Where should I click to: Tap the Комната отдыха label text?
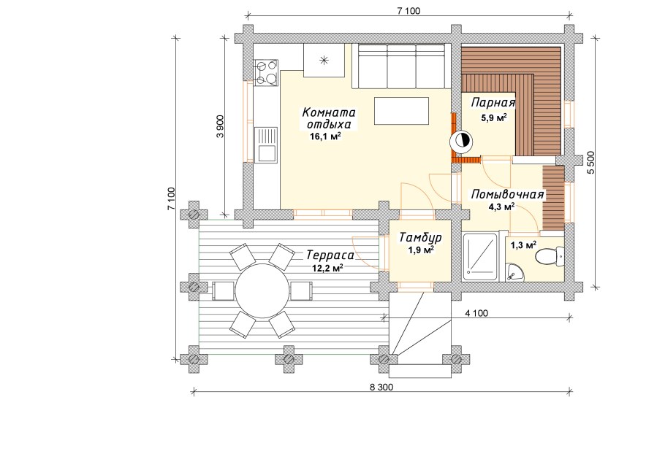click(x=329, y=118)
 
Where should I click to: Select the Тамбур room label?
click(x=419, y=238)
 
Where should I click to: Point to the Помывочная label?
click(x=508, y=194)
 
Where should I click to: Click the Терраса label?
click(x=330, y=256)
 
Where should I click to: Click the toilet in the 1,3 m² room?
click(x=547, y=256)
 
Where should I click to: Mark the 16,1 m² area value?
click(x=326, y=136)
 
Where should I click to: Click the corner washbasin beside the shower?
click(x=516, y=272)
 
